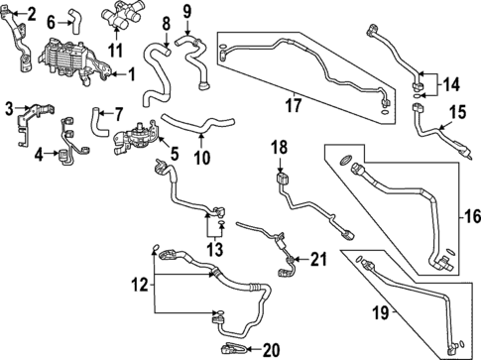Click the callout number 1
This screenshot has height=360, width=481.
point(132,74)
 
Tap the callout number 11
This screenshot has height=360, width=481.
point(116,51)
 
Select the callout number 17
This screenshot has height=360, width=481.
point(294,105)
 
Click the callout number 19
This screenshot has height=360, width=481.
point(381,312)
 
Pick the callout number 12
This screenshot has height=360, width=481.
point(140,285)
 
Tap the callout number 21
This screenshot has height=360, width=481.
point(318,259)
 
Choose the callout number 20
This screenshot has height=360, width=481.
point(272,350)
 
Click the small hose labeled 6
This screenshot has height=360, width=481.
point(73,22)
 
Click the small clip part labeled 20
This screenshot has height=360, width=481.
point(233,348)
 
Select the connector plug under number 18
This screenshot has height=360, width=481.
point(283,179)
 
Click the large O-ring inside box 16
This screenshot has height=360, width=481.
point(344,160)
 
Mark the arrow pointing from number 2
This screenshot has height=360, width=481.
point(20,14)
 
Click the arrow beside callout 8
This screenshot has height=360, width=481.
point(167,39)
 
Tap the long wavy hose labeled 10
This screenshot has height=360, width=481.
point(198,125)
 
